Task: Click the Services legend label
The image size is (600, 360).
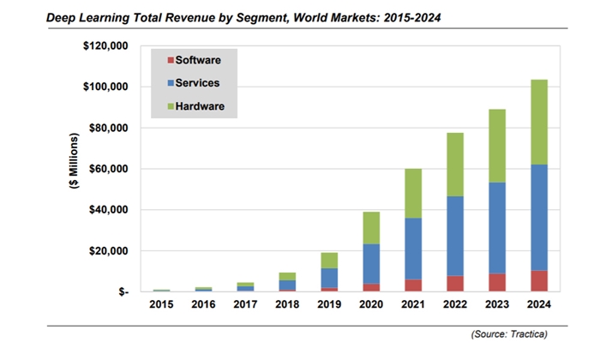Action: (x=198, y=82)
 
